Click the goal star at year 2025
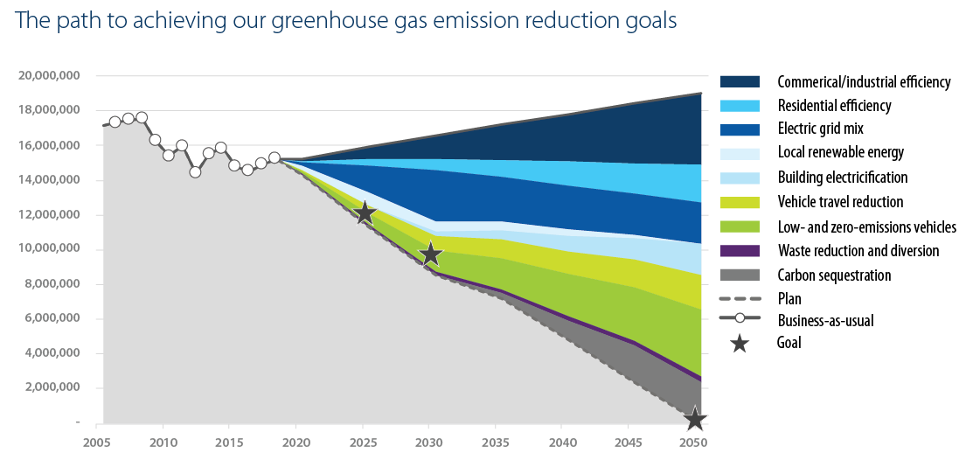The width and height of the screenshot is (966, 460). [x=365, y=213]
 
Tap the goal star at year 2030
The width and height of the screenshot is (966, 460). [x=431, y=254]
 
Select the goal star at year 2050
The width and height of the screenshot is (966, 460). [x=695, y=420]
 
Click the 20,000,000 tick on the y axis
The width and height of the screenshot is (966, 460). [x=49, y=76]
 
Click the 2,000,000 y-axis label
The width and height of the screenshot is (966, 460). [x=52, y=387]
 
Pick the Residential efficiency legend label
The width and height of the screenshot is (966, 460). [x=834, y=106]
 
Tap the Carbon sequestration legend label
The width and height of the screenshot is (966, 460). [x=834, y=275]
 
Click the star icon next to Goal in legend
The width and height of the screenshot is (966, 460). [x=740, y=344]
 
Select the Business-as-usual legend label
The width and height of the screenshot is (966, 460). [x=825, y=321]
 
